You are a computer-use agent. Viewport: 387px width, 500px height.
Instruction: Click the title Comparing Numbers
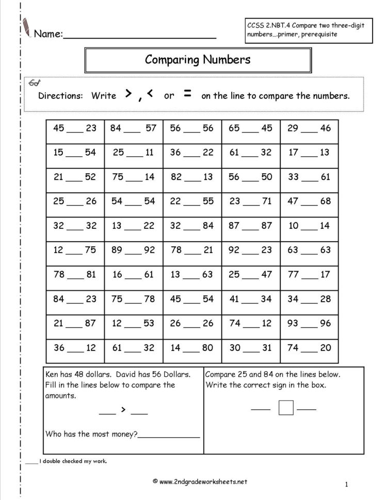click(x=198, y=59)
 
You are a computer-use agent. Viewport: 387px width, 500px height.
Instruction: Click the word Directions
click(x=60, y=96)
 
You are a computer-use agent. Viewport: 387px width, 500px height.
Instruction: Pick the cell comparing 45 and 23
click(x=75, y=128)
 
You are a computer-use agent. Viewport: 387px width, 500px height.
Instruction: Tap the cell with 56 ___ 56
click(x=192, y=128)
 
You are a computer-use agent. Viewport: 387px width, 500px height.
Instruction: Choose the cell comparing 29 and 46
click(x=309, y=128)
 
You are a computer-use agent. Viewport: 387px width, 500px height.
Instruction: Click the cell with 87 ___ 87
click(x=251, y=226)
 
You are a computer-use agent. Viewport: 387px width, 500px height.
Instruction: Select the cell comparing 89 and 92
click(x=133, y=250)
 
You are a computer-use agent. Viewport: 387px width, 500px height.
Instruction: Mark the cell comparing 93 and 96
click(x=309, y=323)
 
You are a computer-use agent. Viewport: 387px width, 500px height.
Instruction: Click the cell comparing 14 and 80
click(x=192, y=348)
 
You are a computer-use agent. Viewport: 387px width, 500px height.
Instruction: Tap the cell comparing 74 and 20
click(x=309, y=348)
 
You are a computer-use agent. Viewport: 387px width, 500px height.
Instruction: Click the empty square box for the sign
click(x=286, y=408)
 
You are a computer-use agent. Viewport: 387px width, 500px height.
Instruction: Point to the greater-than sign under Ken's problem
click(x=123, y=410)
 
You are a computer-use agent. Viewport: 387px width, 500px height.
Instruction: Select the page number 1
click(x=347, y=484)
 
